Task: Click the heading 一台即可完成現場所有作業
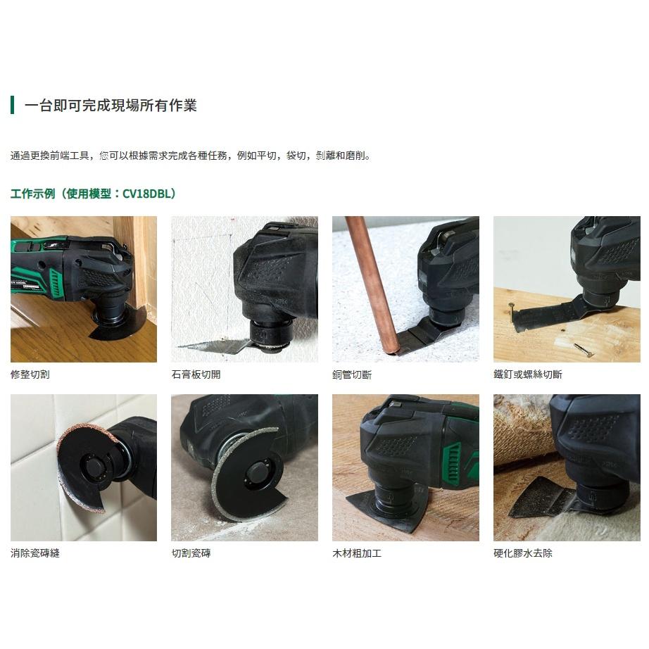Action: click(x=111, y=106)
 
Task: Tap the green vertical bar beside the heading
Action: click(x=12, y=106)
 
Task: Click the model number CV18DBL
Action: click(x=146, y=193)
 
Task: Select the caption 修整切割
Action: click(x=30, y=374)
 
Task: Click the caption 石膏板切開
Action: click(x=196, y=374)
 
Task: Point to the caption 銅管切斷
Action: click(x=352, y=374)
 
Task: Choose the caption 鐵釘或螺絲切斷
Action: click(x=528, y=374)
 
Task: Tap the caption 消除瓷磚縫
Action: click(x=35, y=553)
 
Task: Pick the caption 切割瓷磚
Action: click(x=191, y=553)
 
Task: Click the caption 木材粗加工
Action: click(x=357, y=553)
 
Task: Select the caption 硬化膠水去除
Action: click(x=523, y=553)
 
